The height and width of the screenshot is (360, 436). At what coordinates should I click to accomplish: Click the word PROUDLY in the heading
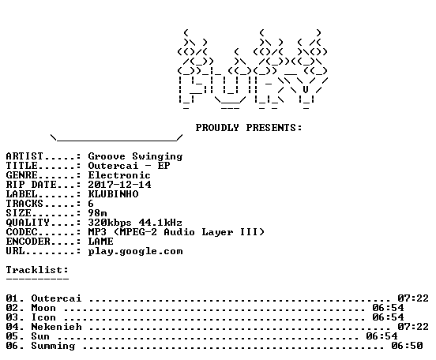(x=217, y=128)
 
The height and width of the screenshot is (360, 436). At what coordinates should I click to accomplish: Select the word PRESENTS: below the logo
(x=274, y=128)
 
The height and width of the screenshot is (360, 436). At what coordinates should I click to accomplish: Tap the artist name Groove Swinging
(x=135, y=156)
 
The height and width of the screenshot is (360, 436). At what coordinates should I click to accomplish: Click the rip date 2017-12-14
(x=119, y=185)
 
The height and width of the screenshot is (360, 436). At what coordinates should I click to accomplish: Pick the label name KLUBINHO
(x=113, y=194)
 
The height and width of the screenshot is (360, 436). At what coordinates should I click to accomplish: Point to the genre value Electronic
(x=119, y=175)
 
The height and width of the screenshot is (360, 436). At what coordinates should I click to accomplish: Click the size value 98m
(x=97, y=213)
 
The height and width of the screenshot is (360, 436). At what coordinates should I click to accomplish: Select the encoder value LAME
(x=100, y=242)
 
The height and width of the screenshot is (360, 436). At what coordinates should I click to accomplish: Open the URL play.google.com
(x=135, y=252)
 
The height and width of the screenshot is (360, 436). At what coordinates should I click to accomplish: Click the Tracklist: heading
(x=37, y=270)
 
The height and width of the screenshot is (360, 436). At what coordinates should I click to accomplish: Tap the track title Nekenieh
(x=56, y=327)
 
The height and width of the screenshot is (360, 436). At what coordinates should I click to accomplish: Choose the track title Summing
(x=53, y=346)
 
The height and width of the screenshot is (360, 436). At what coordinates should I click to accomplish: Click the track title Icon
(x=43, y=317)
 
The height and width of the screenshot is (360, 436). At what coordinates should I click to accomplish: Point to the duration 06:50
(x=407, y=346)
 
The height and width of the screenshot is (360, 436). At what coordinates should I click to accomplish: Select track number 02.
(x=12, y=308)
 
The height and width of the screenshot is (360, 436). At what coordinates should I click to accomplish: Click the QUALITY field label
(x=28, y=223)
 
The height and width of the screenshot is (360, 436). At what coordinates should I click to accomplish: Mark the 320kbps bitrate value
(x=110, y=223)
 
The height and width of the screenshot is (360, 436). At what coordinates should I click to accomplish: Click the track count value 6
(x=91, y=204)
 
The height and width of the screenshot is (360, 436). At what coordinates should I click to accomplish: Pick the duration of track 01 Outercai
(x=413, y=298)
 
